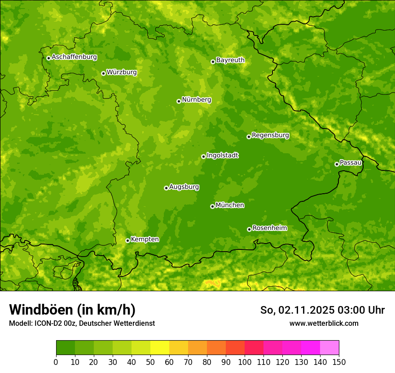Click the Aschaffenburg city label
tap(74, 57)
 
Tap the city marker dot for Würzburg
tap(103, 73)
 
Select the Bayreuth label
tap(230, 60)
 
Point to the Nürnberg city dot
tap(179, 101)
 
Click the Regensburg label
tap(270, 135)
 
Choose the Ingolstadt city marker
tap(203, 156)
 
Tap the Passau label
tap(351, 163)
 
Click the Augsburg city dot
tap(166, 188)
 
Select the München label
tap(230, 205)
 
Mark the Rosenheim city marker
tap(249, 229)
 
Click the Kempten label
tap(145, 240)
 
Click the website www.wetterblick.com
tap(324, 323)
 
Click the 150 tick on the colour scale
tap(339, 362)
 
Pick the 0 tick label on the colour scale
tap(56, 362)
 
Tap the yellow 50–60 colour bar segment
tap(160, 348)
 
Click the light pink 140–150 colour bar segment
tap(329, 348)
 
